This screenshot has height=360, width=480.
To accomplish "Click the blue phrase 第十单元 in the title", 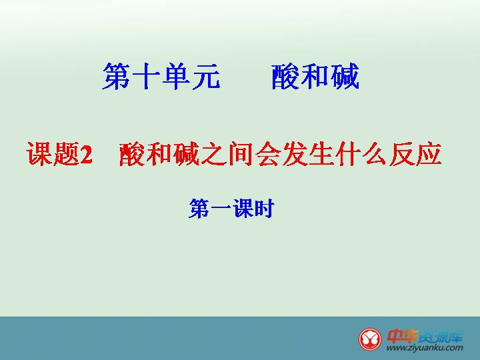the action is click(161, 76).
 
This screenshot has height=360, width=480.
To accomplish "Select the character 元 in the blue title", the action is click(206, 77).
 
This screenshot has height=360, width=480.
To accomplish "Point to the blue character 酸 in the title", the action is click(285, 77).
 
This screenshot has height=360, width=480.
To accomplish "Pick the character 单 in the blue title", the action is click(176, 76).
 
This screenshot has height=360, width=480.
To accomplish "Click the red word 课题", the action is click(53, 154).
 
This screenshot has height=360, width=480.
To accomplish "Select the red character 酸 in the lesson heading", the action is click(132, 154).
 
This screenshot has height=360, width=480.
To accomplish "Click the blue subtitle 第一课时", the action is click(232, 209).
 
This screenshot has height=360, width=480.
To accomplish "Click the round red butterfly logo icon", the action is click(370, 339).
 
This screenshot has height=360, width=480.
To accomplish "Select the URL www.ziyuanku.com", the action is click(425, 348).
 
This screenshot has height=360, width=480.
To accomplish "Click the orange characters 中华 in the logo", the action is click(402, 336).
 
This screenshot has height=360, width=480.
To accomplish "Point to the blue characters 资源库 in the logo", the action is click(441, 337).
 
